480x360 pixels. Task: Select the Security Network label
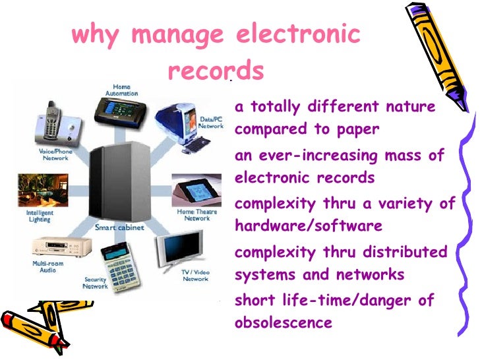pyautogui.click(x=95, y=283)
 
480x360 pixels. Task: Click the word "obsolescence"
pyautogui.click(x=283, y=323)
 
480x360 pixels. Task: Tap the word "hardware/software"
pyautogui.click(x=308, y=226)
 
